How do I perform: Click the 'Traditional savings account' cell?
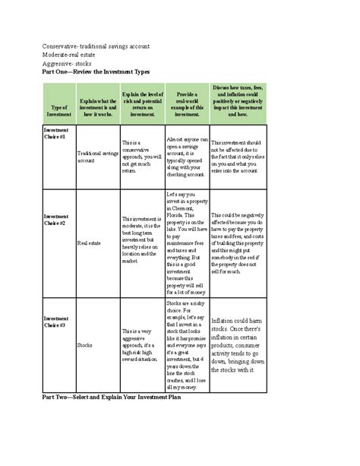click(x=97, y=157)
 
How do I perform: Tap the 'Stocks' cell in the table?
click(x=84, y=344)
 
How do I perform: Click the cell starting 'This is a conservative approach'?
click(x=141, y=157)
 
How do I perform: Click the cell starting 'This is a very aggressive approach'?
click(x=141, y=344)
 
